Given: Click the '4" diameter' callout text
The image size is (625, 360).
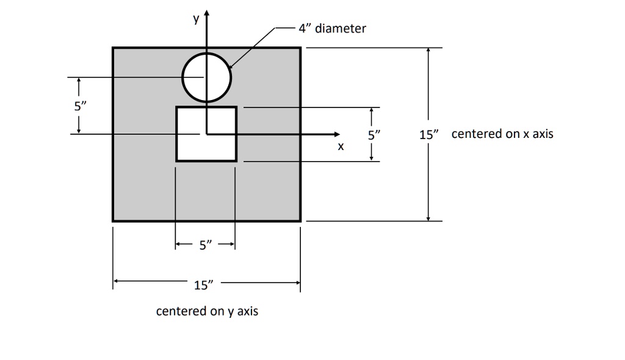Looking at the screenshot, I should [x=332, y=29].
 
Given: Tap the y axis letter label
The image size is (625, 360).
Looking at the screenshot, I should [x=196, y=20].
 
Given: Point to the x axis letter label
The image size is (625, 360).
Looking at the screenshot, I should [x=341, y=147].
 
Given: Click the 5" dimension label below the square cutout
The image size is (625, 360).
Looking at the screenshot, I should [x=205, y=245].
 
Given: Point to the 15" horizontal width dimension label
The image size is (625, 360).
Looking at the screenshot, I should [x=204, y=284].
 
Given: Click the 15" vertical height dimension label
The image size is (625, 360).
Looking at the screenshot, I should [x=429, y=134].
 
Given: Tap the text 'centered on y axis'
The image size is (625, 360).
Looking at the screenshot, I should [x=207, y=312].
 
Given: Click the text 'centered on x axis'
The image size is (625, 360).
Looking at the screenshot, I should [x=502, y=134].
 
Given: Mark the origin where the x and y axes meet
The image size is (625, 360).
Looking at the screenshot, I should [x=207, y=134].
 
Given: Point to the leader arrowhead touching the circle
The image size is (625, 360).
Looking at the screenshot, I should [x=230, y=67].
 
